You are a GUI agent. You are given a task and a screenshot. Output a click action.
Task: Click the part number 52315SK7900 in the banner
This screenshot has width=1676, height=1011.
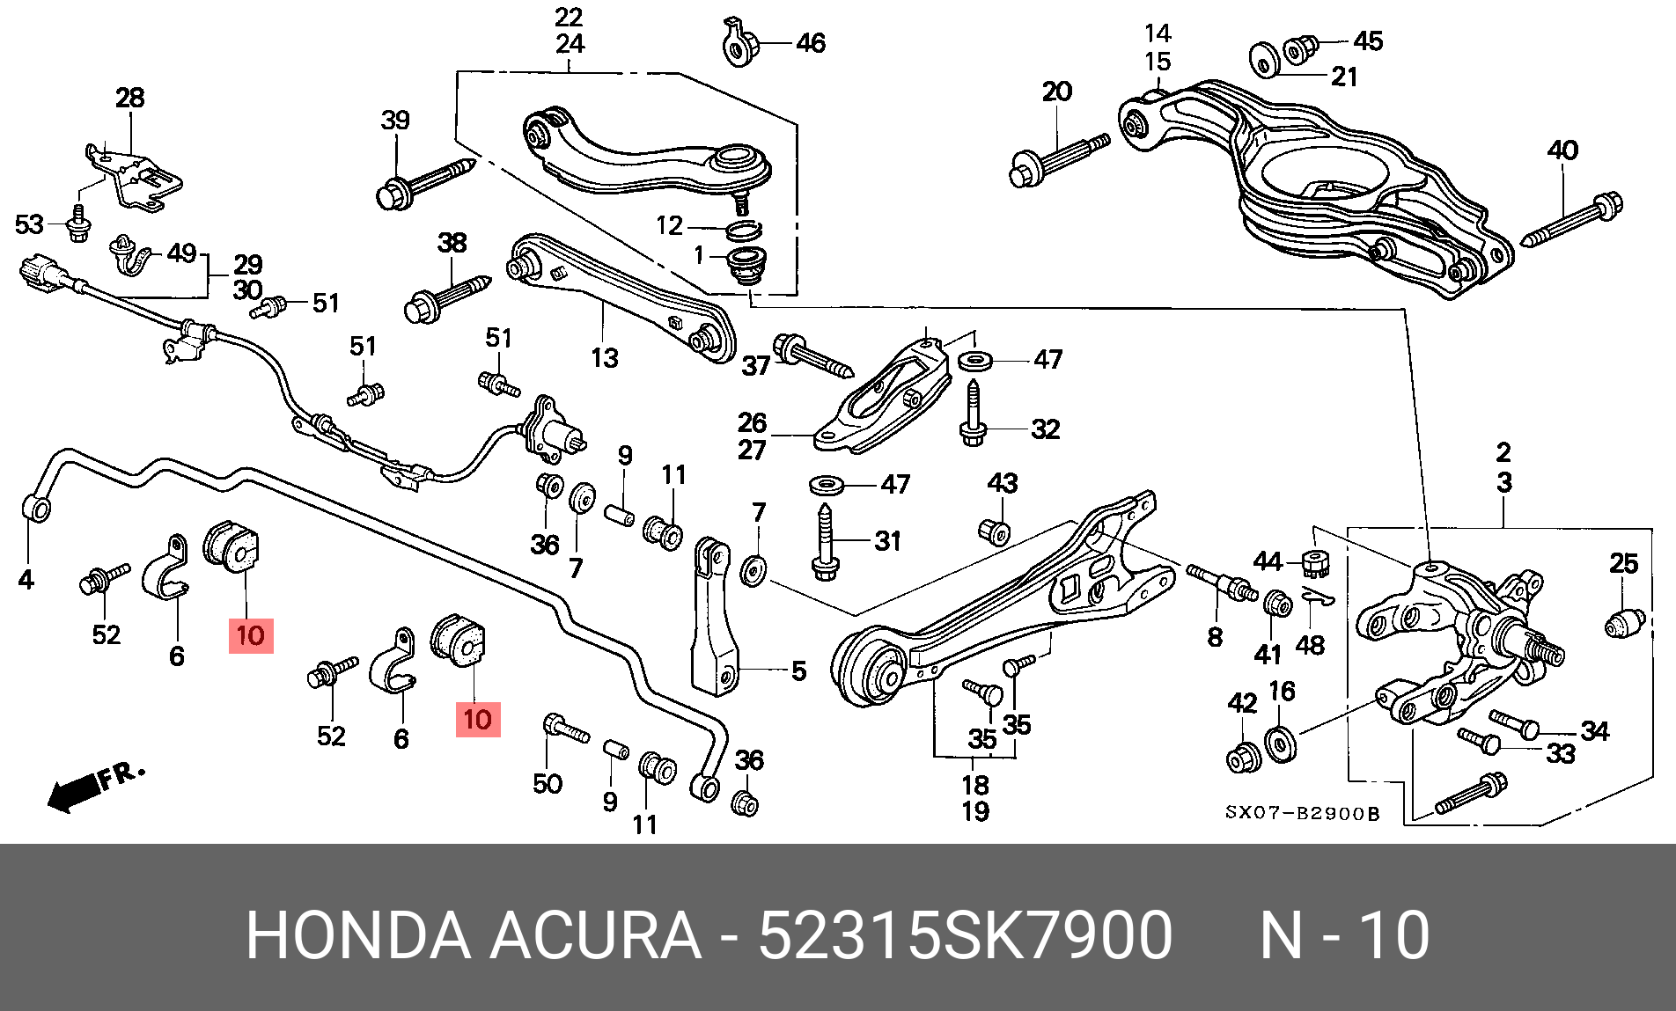[965, 934]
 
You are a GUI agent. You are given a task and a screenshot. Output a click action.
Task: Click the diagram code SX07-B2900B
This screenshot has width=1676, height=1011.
[1303, 814]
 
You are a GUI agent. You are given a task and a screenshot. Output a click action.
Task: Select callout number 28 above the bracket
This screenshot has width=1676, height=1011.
[129, 98]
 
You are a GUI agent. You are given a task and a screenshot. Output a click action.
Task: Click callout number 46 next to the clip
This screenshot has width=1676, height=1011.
[811, 43]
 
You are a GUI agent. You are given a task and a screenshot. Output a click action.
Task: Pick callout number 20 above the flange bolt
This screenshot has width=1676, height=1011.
[1057, 92]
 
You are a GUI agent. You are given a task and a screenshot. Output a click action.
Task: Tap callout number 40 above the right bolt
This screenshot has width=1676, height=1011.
[1563, 150]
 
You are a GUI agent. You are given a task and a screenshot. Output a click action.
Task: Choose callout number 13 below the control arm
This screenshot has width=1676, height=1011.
[605, 358]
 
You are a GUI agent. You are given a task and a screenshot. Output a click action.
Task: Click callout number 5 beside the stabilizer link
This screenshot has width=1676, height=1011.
[798, 670]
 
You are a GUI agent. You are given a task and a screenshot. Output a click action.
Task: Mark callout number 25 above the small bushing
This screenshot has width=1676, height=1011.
[1624, 563]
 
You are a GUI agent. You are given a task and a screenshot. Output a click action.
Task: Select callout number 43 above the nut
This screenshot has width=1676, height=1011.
[1003, 483]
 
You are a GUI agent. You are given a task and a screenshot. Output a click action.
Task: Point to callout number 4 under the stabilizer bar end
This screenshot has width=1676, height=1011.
[26, 580]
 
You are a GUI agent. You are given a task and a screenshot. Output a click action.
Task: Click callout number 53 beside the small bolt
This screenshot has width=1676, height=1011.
[29, 224]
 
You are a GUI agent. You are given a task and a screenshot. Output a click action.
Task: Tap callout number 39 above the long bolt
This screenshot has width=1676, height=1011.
[395, 120]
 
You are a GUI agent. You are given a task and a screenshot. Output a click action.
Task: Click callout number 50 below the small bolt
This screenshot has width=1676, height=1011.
[548, 783]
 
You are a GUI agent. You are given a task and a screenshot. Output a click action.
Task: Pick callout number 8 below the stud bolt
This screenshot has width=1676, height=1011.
[1215, 637]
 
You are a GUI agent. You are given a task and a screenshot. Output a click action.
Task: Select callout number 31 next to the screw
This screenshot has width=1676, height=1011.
[888, 541]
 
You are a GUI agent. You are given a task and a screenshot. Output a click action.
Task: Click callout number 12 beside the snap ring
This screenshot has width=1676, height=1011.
[670, 226]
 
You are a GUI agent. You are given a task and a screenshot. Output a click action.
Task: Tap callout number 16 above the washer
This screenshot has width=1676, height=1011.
[1283, 692]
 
